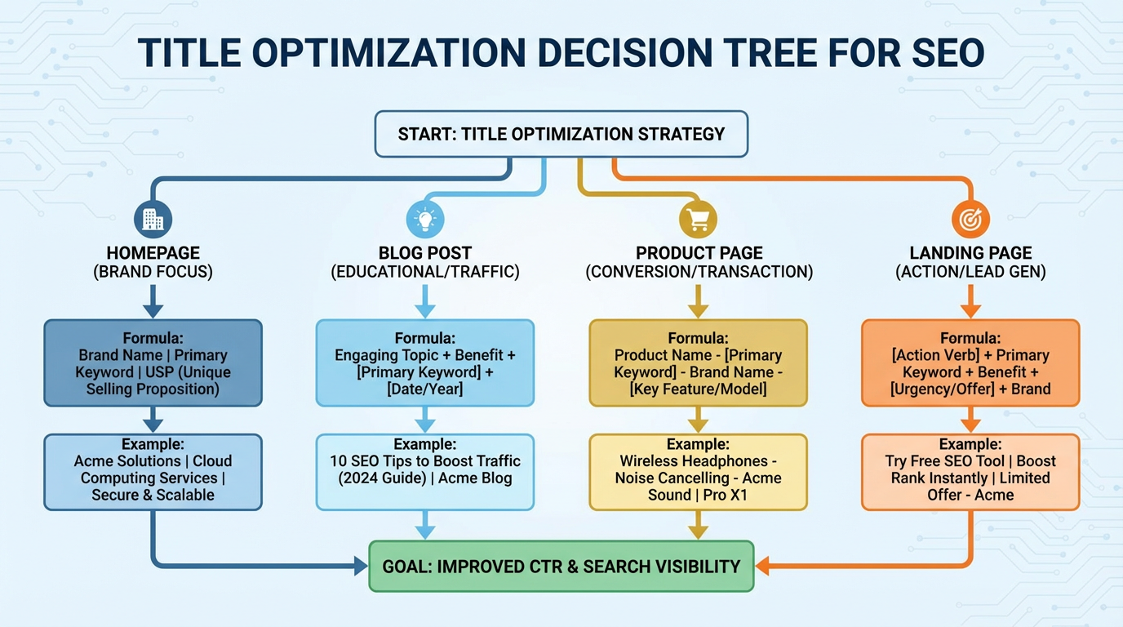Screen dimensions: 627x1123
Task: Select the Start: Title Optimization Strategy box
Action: [561, 134]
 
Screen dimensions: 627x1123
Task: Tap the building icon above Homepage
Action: [153, 219]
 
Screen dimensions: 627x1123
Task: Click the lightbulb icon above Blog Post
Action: [425, 219]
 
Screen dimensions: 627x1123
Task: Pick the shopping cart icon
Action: [698, 219]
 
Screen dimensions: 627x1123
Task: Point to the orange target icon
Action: [970, 219]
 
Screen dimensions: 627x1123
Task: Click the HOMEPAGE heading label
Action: [153, 253]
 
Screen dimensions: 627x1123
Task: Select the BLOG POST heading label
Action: [425, 253]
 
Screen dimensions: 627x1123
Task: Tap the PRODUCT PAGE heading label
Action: [699, 253]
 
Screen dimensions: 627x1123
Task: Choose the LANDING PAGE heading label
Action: [970, 253]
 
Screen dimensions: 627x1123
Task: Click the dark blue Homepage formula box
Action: [153, 362]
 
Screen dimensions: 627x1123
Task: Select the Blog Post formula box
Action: [425, 362]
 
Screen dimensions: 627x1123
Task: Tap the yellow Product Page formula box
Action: [698, 362]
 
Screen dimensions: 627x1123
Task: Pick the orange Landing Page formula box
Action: [970, 362]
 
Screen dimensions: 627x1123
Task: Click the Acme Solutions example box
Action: [153, 472]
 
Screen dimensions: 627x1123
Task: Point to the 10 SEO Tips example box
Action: [425, 472]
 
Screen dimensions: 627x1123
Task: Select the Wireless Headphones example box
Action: [698, 472]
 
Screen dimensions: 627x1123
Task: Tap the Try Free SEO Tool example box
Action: [970, 472]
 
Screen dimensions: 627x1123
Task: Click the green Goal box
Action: [561, 566]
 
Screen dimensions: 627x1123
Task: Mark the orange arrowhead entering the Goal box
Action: [762, 566]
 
